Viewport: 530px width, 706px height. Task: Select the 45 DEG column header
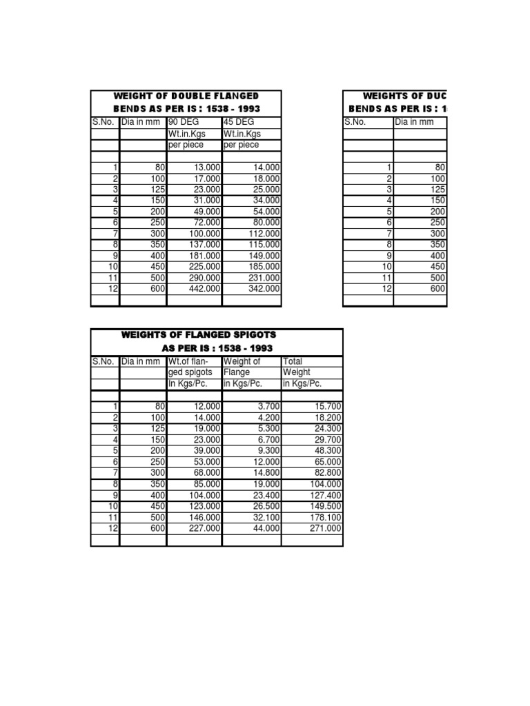[x=239, y=122]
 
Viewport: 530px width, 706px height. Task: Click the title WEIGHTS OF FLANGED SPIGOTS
[x=198, y=335]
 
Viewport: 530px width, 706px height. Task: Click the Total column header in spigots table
[x=293, y=361]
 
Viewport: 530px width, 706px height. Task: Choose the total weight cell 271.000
[x=324, y=528]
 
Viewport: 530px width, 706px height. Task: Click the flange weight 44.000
[x=266, y=528]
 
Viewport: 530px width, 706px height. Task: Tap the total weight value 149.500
[x=324, y=506]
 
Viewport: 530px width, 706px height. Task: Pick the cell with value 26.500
[x=266, y=506]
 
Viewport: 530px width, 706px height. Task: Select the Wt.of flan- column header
[x=189, y=361]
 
